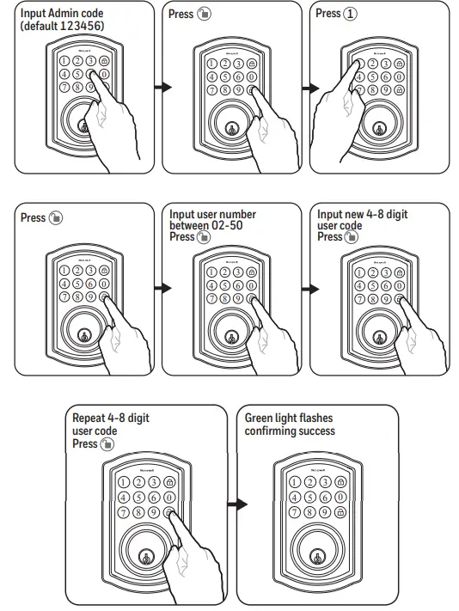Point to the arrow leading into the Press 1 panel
pyautogui.click(x=309, y=88)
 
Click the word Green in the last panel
pyautogui.click(x=260, y=419)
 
